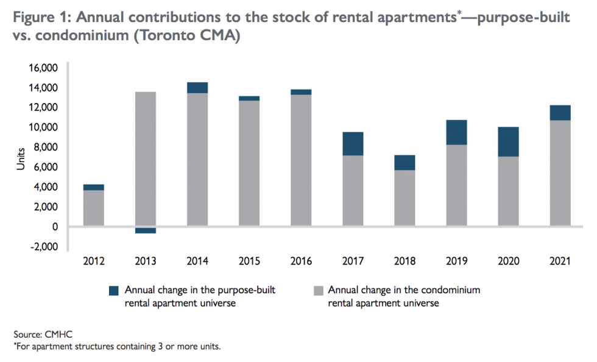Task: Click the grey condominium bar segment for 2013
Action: point(146,158)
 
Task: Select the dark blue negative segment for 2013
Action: point(146,230)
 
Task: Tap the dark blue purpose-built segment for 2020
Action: point(508,141)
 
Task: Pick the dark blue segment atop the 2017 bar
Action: point(352,143)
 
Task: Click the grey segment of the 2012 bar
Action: point(93,208)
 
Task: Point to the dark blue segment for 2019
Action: point(456,132)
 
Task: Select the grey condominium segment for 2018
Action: point(404,198)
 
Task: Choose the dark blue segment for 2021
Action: point(560,113)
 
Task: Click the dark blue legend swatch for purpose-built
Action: point(114,290)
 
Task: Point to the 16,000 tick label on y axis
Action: point(43,68)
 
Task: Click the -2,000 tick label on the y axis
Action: point(43,247)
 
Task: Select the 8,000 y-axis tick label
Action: point(45,147)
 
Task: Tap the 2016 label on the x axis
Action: point(301,261)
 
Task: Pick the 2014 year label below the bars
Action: point(197,261)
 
